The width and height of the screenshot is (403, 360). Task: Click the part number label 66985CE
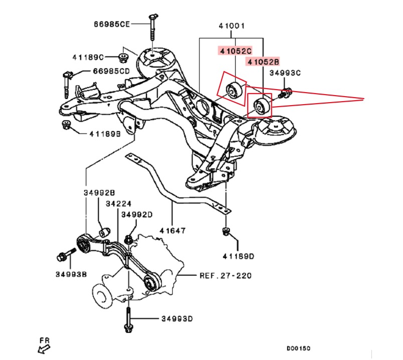point(111,24)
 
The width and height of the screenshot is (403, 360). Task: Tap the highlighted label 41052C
point(234,50)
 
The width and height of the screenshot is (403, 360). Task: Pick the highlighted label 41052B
point(262,62)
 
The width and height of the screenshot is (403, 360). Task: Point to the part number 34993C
point(285,73)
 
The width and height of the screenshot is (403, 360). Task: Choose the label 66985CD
point(110,71)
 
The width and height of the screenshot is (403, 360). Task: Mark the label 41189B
point(105,134)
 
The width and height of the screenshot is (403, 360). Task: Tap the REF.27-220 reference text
point(225,275)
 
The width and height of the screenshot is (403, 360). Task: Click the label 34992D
point(137,214)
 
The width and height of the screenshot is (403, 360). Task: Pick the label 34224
point(117,204)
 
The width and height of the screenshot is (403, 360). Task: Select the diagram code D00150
point(298,348)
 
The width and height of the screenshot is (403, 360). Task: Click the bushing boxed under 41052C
point(234,90)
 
